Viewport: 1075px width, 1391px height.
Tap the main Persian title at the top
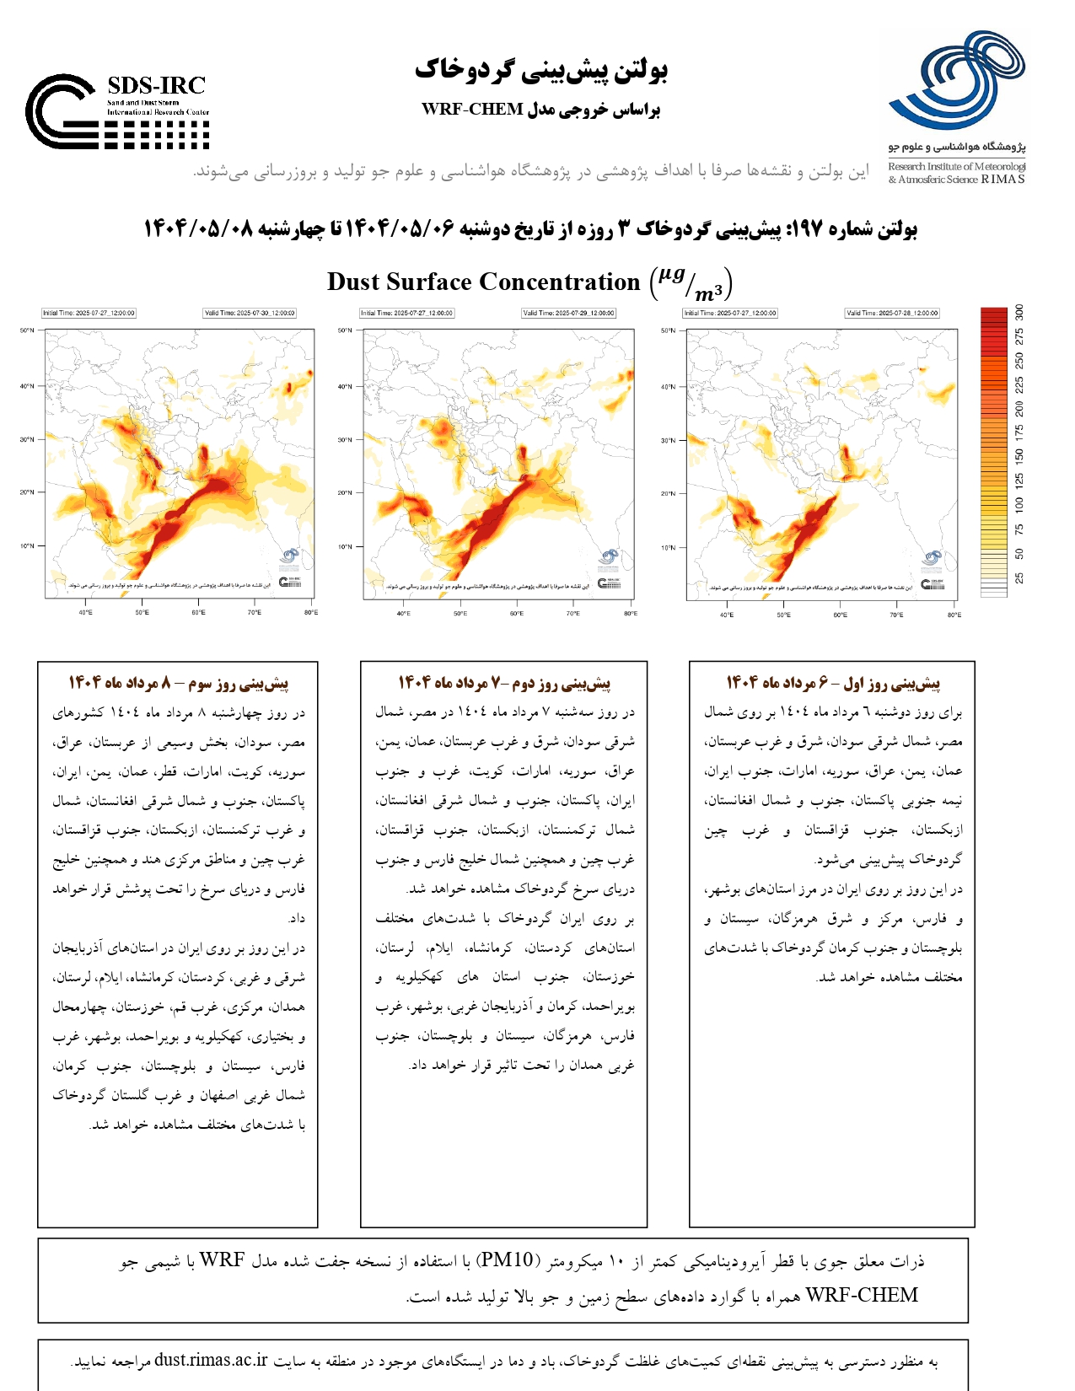click(540, 70)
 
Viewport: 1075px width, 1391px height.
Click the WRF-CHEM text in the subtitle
click(472, 110)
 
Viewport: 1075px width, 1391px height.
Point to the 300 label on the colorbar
click(1019, 313)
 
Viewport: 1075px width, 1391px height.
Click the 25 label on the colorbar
click(1019, 577)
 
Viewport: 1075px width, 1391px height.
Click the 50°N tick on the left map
click(27, 330)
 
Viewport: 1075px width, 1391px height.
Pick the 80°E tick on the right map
click(954, 615)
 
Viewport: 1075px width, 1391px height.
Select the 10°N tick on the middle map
click(345, 546)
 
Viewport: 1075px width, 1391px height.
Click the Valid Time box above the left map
click(250, 313)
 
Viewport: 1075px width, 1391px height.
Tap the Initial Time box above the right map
click(730, 313)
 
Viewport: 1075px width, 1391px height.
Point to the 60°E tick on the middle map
click(516, 613)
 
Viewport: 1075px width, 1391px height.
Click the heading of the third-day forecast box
click(178, 682)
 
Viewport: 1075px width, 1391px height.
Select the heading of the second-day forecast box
click(504, 682)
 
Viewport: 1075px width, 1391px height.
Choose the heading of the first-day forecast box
click(833, 682)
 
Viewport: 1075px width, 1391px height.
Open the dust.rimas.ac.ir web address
click(211, 1360)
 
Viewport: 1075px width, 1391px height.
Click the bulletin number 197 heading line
click(530, 228)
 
